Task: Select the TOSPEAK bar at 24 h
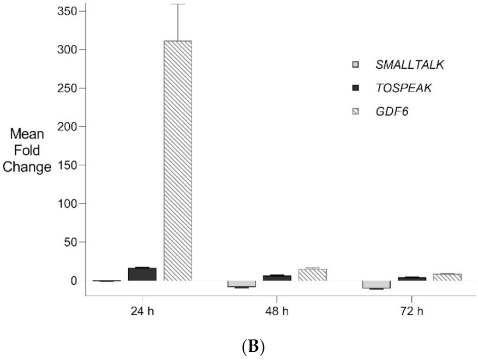point(142,274)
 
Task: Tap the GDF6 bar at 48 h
point(313,275)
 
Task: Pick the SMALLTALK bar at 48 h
point(242,284)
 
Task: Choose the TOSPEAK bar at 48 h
point(277,278)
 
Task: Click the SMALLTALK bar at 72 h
point(377,284)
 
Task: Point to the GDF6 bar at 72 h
point(447,277)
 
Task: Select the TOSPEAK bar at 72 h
point(412,279)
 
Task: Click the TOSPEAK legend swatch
point(356,88)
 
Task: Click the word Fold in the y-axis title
point(27,149)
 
